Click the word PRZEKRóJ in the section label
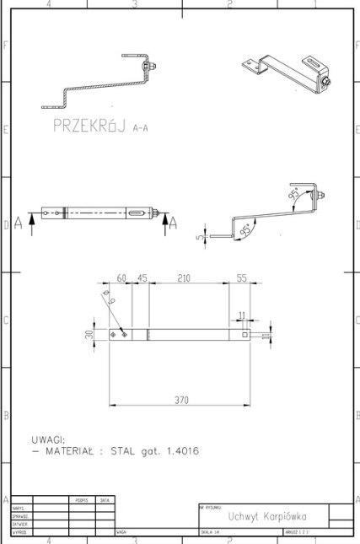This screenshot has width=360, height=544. [89, 127]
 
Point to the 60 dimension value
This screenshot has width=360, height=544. [121, 277]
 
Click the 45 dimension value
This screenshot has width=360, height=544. [142, 277]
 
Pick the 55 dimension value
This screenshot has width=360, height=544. [242, 277]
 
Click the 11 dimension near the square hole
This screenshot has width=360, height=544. [243, 315]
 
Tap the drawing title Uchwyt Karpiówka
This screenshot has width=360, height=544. [260, 516]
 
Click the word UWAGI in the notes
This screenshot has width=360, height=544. [48, 439]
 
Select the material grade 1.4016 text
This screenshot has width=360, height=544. [180, 451]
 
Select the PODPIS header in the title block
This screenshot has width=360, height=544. [82, 500]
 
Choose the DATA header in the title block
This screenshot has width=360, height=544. [105, 500]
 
